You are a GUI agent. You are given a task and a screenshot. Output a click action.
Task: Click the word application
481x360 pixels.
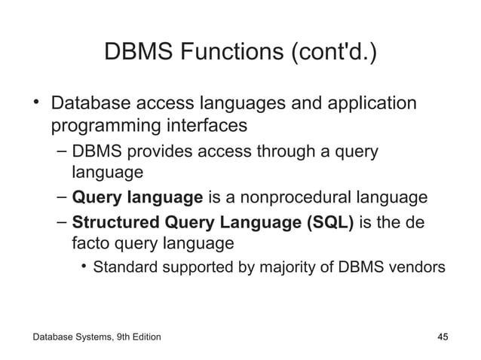pyautogui.click(x=372, y=102)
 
